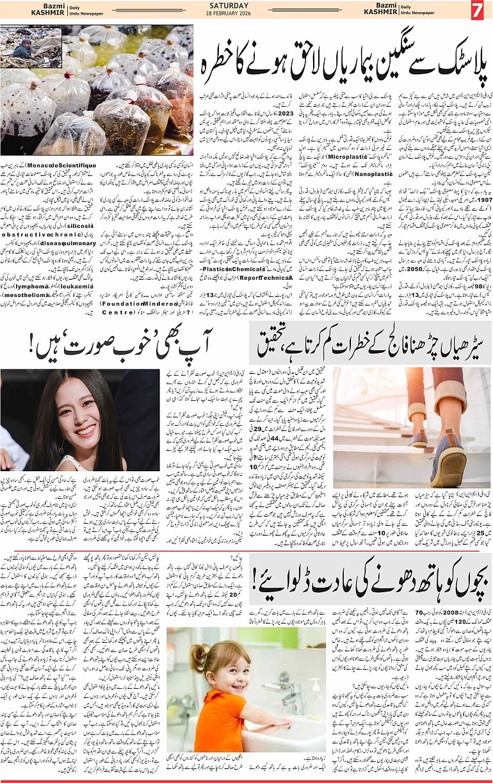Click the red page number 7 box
(479, 11)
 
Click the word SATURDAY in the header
(247, 6)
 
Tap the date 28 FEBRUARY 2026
(247, 15)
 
